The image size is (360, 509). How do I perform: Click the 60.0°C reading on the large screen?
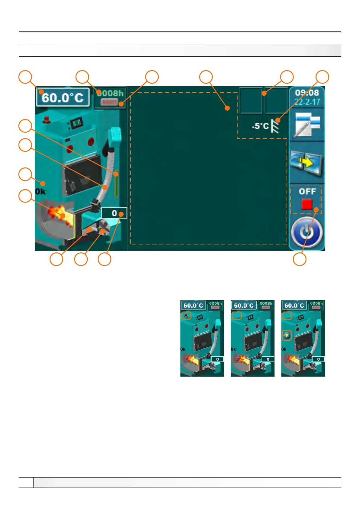[63, 98]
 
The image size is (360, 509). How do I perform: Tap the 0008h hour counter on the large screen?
[110, 93]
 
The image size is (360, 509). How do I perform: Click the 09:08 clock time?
[307, 93]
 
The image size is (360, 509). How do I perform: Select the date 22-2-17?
[307, 102]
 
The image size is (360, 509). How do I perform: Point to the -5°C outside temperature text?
[260, 126]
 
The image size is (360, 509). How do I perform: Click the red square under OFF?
[306, 204]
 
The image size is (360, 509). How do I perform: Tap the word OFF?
[307, 192]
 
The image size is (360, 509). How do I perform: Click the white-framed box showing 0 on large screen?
[114, 213]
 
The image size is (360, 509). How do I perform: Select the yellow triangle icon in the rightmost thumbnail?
[287, 335]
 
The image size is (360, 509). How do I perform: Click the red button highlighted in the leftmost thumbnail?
[186, 316]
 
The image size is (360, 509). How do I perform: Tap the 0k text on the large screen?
[41, 192]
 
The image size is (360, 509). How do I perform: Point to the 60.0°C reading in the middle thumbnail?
[244, 306]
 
